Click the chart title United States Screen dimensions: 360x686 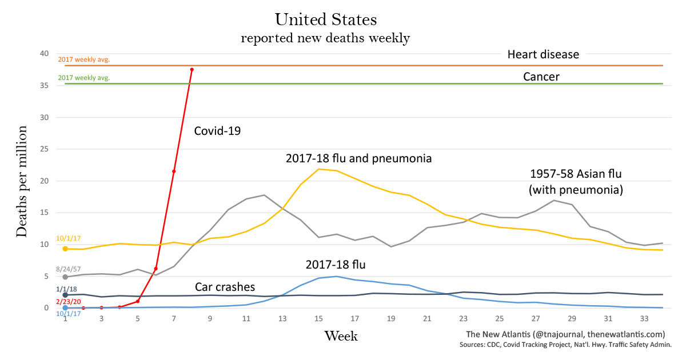tap(326, 19)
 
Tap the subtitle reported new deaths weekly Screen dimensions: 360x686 tap(325, 39)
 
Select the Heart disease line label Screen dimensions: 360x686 tap(543, 55)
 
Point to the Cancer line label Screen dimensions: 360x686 tap(541, 77)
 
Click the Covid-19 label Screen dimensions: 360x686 tap(217, 131)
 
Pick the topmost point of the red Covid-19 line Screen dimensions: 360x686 tap(192, 70)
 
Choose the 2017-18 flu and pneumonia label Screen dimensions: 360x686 tap(358, 158)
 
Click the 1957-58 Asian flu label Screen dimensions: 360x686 tap(576, 174)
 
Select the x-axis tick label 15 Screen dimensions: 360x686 tap(318, 318)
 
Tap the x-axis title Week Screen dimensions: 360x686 tap(341, 336)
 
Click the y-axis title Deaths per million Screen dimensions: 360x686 tap(22, 181)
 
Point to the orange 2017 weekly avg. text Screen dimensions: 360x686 tap(83, 59)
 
